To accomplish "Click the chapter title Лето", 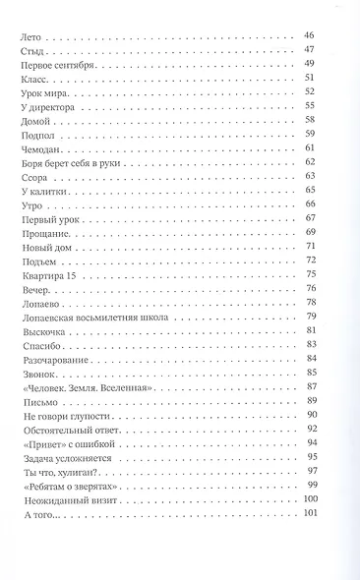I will (x=30, y=35).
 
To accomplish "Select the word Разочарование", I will (x=53, y=360).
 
